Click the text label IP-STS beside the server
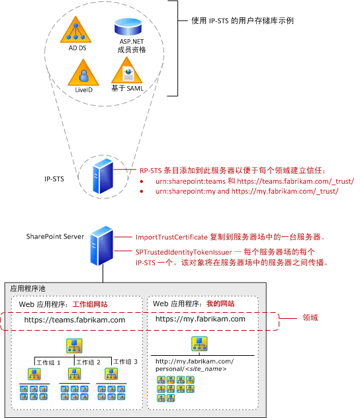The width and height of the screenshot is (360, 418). [54, 178]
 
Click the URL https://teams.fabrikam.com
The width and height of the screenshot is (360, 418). [75, 319]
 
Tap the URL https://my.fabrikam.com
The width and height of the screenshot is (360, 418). [201, 319]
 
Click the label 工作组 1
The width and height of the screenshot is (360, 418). [48, 362]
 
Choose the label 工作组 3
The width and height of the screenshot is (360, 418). [125, 362]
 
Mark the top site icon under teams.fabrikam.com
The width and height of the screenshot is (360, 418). [73, 345]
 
